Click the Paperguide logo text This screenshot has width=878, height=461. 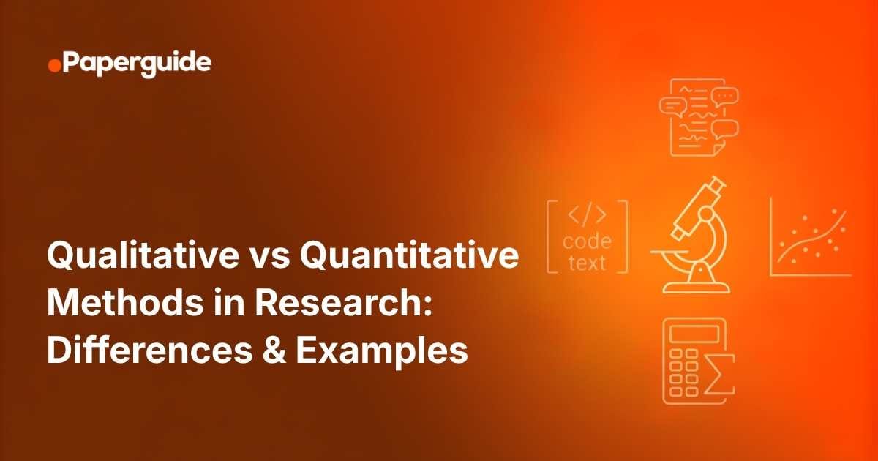pos(137,64)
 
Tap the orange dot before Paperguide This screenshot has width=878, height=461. pos(54,67)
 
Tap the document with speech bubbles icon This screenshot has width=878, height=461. pos(698,118)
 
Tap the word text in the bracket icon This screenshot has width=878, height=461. pos(588,263)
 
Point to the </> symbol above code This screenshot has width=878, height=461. pos(587,217)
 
